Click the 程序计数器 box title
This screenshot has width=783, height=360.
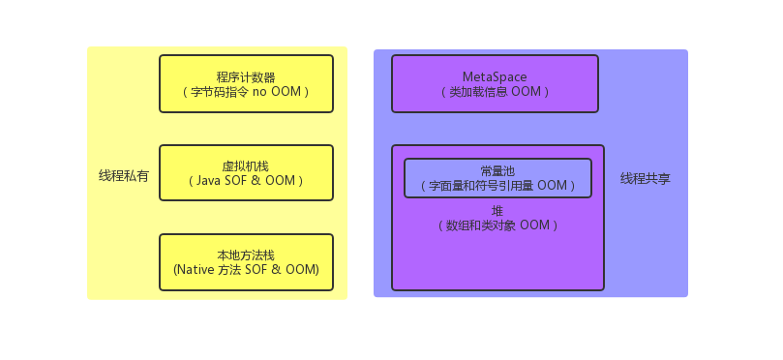246,76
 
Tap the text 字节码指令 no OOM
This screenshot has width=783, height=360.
246,92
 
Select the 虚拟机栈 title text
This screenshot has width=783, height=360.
246,165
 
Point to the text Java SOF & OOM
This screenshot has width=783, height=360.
246,181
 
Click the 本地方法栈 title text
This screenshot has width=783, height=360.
246,255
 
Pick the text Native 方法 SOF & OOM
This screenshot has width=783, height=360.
246,270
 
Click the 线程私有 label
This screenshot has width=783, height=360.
124,176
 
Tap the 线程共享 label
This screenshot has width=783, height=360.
646,179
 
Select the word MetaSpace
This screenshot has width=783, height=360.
495,76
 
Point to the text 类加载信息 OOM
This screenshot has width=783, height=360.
495,92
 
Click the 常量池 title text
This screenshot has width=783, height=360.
497,170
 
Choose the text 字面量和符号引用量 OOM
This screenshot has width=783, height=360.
497,186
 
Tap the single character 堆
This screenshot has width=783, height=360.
497,210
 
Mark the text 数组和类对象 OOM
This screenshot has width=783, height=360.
497,225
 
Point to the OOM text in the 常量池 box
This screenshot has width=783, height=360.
551,186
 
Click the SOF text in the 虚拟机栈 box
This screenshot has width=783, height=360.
242,181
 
